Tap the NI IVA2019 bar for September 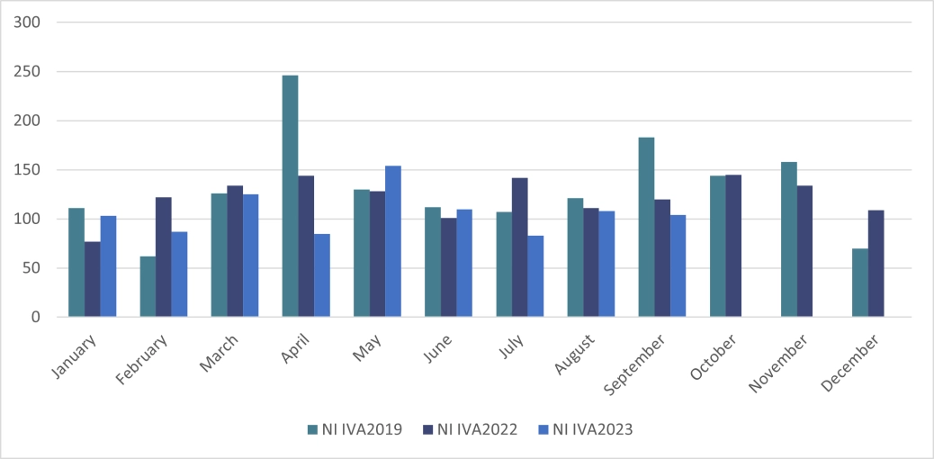point(646,227)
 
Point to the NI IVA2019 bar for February point(148,286)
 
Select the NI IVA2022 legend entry point(470,429)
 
